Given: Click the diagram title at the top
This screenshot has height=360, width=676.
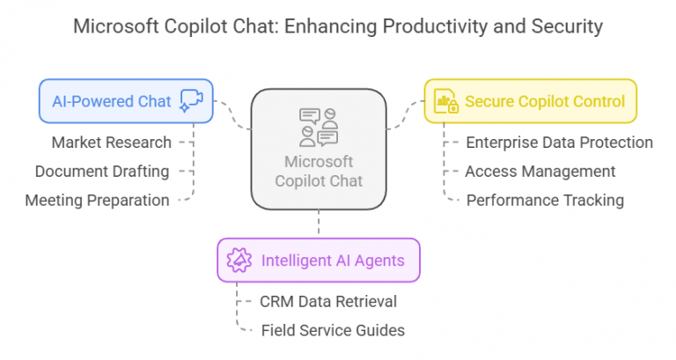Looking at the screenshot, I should [x=338, y=26].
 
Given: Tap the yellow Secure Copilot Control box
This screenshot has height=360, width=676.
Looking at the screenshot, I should [x=531, y=101].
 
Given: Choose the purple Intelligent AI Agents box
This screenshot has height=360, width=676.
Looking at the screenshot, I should [x=318, y=260].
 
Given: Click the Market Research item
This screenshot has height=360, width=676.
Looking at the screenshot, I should [x=111, y=142].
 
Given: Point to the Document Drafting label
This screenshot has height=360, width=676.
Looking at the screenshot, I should [x=102, y=171].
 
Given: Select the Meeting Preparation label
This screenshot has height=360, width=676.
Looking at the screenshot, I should [x=97, y=200].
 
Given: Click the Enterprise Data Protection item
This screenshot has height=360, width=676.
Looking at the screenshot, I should [x=559, y=142].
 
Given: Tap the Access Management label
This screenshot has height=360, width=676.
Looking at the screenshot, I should [x=540, y=171].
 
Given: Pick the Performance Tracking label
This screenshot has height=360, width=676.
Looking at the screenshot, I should [x=545, y=200].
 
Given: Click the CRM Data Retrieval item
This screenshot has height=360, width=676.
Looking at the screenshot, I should [x=328, y=301].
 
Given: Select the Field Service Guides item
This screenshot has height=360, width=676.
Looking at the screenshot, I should [x=333, y=330].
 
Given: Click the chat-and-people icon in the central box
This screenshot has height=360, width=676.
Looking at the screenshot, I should [x=319, y=127].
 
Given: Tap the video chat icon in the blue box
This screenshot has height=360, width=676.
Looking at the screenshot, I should [x=191, y=100].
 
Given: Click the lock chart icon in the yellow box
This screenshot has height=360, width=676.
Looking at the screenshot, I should [x=446, y=101].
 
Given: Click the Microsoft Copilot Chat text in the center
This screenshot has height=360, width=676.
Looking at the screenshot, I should [x=319, y=172].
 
